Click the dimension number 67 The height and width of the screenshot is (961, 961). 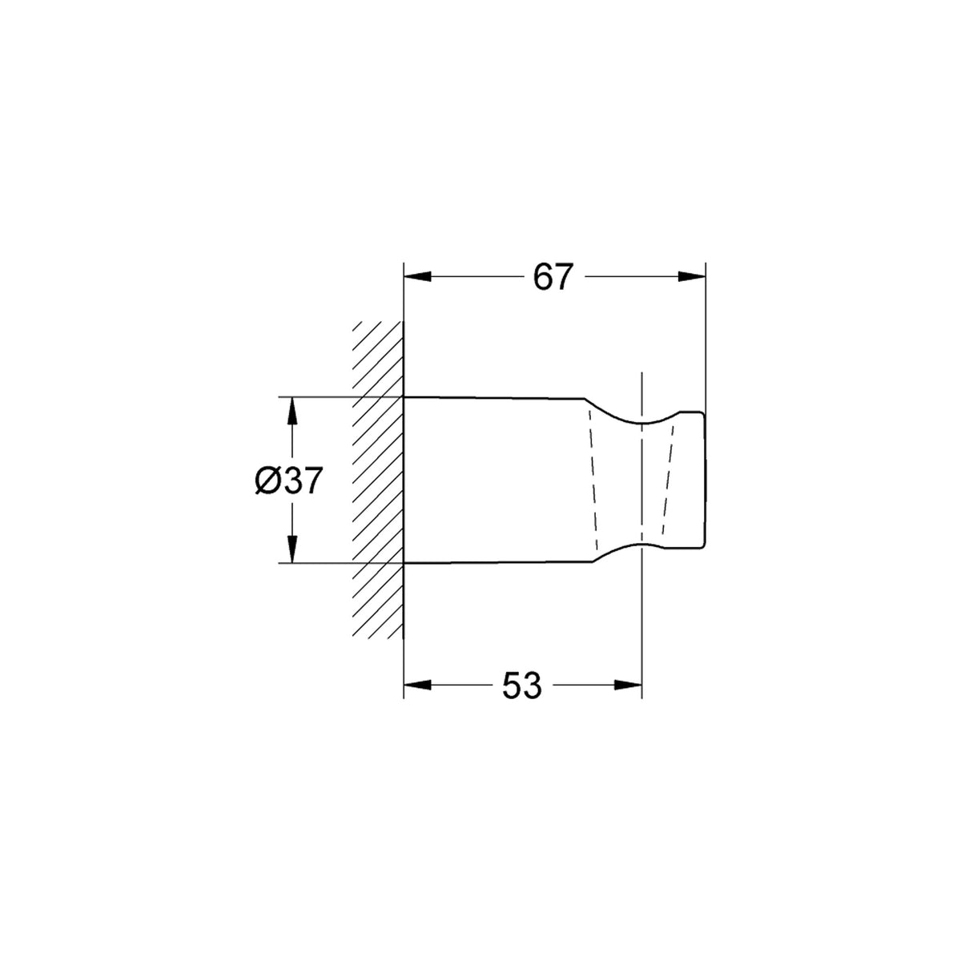[551, 277]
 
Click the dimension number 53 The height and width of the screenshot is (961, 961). [521, 686]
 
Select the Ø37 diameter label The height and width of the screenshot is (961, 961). [289, 481]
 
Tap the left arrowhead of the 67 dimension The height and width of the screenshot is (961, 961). [417, 277]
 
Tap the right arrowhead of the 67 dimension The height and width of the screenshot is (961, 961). [692, 277]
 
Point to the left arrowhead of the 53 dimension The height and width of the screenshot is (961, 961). [417, 686]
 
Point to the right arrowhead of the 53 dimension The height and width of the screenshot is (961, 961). [628, 686]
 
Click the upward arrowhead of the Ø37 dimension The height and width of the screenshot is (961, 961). [292, 412]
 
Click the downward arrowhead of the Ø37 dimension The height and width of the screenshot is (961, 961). [292, 549]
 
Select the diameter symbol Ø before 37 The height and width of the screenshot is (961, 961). [267, 481]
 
